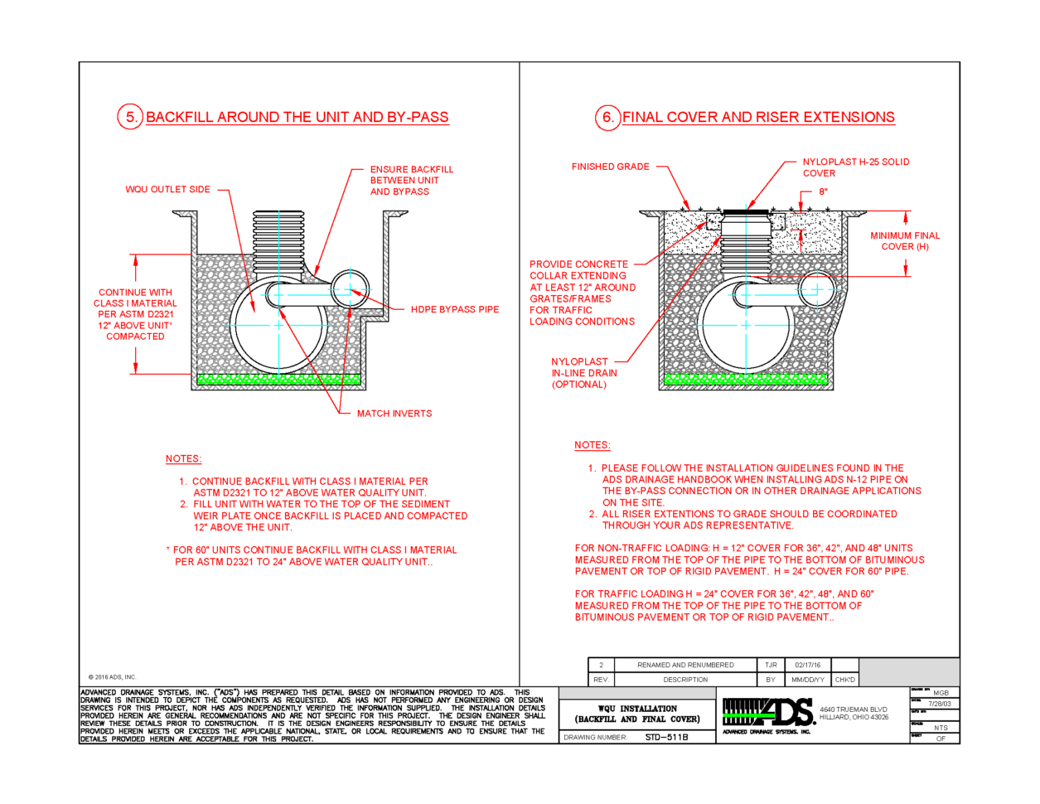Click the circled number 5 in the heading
130,117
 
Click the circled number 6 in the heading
607,117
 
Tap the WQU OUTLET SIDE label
168,189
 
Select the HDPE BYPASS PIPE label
455,309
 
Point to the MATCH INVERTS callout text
394,413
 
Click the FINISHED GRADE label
611,167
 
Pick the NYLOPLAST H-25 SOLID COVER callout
855,167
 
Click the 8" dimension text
824,191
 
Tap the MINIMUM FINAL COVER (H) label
905,241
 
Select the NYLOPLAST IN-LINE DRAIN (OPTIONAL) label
583,373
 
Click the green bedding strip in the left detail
278,380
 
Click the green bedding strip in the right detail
746,380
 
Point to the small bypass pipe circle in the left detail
351,290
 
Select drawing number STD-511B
666,737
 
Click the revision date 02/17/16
807,665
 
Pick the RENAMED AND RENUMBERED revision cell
685,665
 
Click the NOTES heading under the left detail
183,458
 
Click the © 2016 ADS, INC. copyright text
112,677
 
